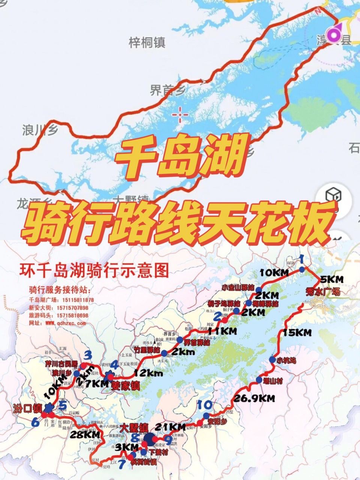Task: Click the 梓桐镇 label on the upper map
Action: [x=147, y=43]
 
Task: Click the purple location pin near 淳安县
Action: [x=333, y=35]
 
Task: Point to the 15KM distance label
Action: [x=297, y=332]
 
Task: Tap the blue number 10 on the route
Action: [x=206, y=405]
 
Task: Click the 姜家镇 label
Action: [x=126, y=385]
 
